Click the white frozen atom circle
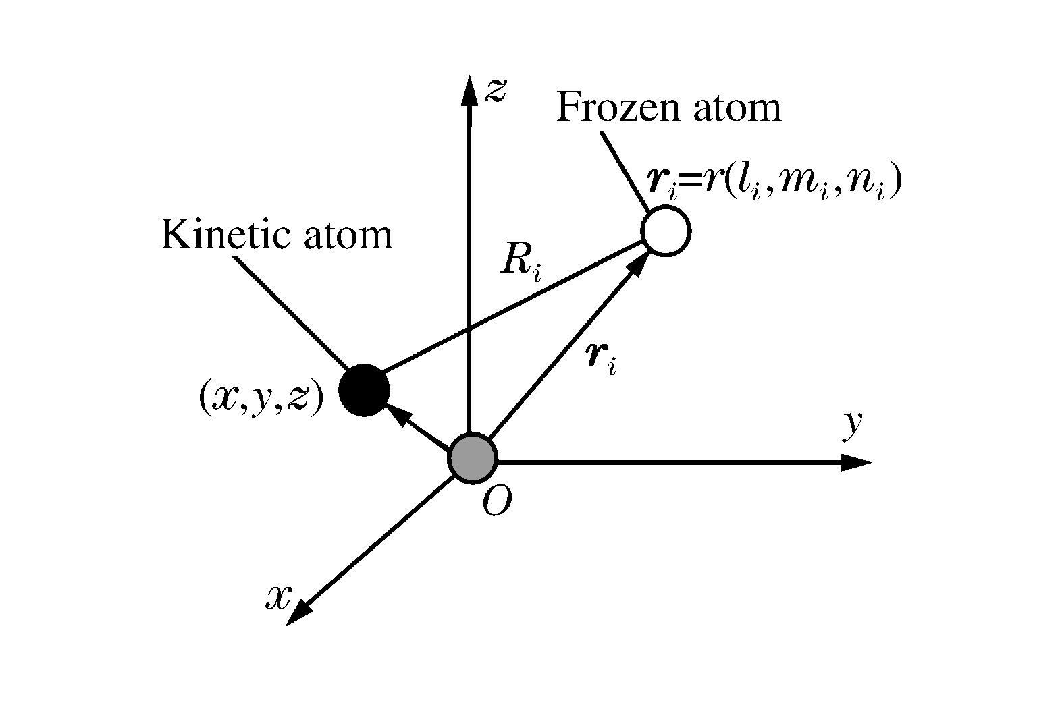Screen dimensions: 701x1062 point(666,231)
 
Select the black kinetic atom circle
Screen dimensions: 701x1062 point(364,390)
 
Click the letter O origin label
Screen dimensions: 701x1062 point(496,503)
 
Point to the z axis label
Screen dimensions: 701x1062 point(496,90)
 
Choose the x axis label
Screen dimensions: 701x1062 point(278,596)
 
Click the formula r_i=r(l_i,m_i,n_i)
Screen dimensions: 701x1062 point(774,184)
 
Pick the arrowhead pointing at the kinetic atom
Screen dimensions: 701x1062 point(396,416)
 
